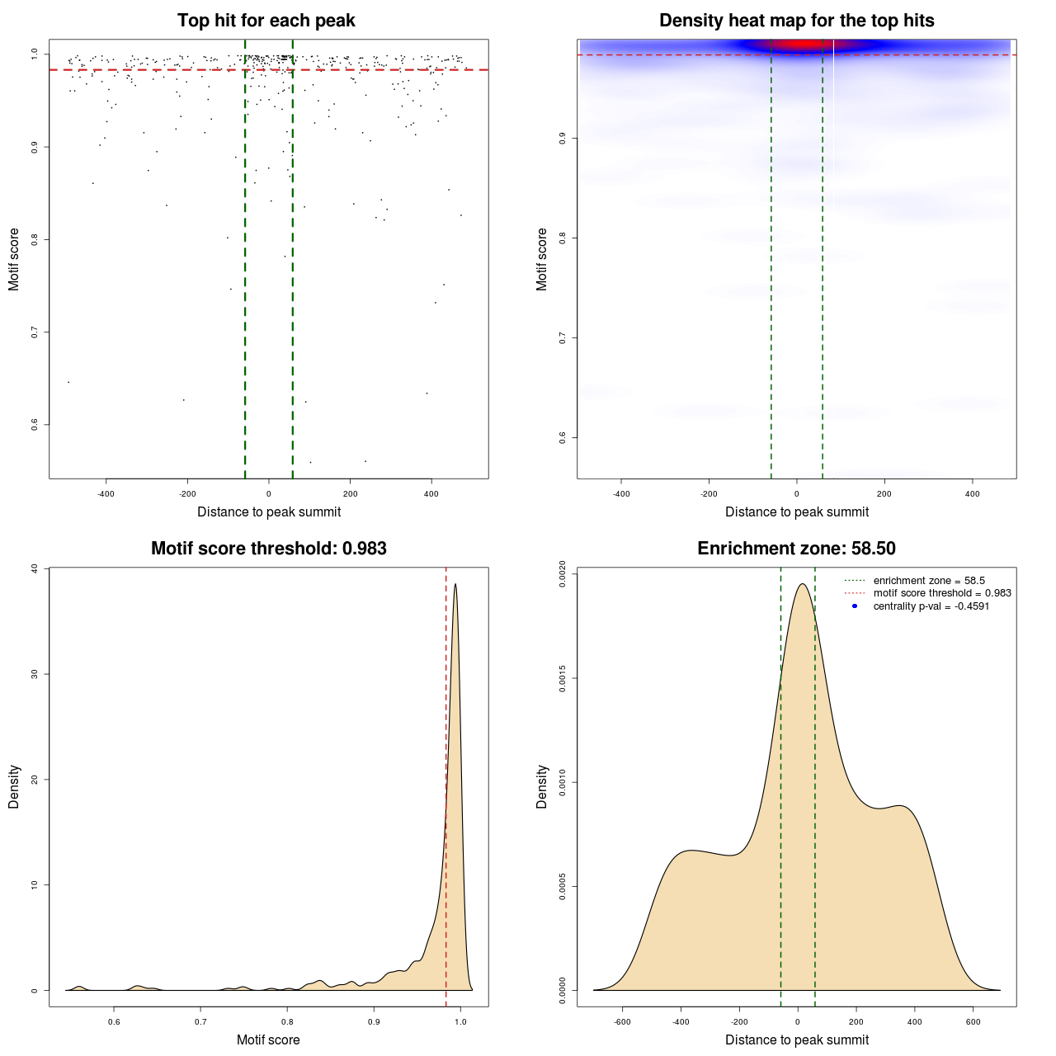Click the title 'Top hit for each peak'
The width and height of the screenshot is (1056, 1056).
click(x=266, y=21)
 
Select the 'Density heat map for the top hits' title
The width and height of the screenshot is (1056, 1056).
click(x=796, y=21)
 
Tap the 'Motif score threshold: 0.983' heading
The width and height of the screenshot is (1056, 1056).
click(x=268, y=549)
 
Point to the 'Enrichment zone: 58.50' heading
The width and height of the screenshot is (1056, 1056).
click(x=796, y=549)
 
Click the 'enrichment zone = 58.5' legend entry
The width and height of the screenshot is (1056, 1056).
click(x=929, y=581)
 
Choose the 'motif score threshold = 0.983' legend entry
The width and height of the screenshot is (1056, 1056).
click(x=942, y=593)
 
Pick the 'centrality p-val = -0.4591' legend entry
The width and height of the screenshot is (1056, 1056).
click(x=931, y=606)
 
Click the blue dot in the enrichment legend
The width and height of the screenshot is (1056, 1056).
click(x=855, y=606)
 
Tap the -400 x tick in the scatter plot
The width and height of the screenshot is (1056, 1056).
click(x=106, y=494)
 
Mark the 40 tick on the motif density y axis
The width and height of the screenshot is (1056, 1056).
click(x=34, y=568)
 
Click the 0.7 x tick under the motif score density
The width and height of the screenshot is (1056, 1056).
click(x=200, y=1022)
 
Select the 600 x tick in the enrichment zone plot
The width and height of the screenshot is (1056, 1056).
click(x=973, y=1022)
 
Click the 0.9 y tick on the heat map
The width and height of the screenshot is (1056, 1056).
click(x=563, y=138)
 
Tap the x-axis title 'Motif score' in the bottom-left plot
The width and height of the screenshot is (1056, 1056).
click(x=268, y=1039)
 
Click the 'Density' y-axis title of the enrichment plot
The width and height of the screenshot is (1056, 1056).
click(x=542, y=786)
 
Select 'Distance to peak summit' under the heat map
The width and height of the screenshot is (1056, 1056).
click(x=796, y=511)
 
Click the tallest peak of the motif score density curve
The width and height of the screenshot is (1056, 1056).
click(x=455, y=585)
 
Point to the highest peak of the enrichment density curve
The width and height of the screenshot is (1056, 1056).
click(x=801, y=584)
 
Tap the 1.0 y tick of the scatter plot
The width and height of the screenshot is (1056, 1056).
click(x=35, y=54)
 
